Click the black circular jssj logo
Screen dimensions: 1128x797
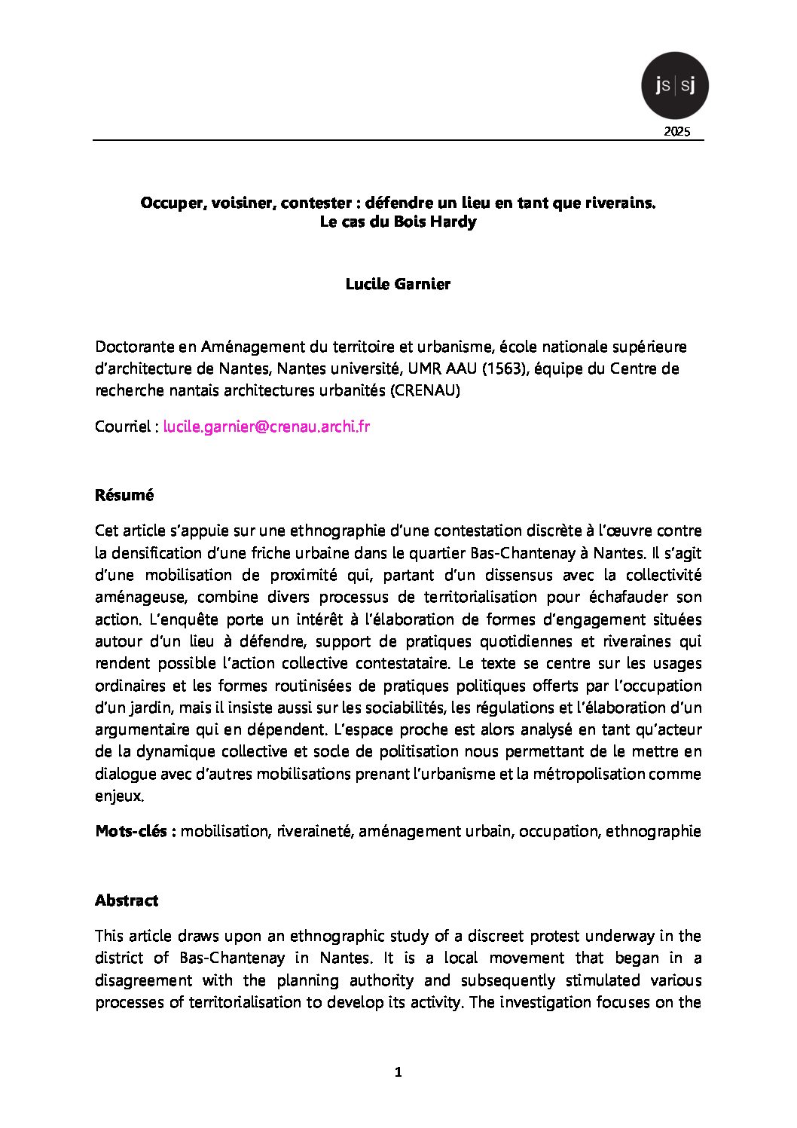[x=674, y=86]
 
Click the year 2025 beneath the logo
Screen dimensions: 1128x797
[x=676, y=132]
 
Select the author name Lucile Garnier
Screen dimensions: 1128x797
[x=398, y=284]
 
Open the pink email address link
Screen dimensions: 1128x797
[x=267, y=426]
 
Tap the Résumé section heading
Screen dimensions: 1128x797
[x=124, y=495]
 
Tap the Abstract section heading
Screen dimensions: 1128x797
[x=127, y=900]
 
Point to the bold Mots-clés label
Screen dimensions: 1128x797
[x=136, y=831]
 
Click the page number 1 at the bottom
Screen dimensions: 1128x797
[x=398, y=1072]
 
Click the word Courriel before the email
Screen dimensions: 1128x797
[x=123, y=426]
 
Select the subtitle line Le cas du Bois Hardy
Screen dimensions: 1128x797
[x=398, y=222]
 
